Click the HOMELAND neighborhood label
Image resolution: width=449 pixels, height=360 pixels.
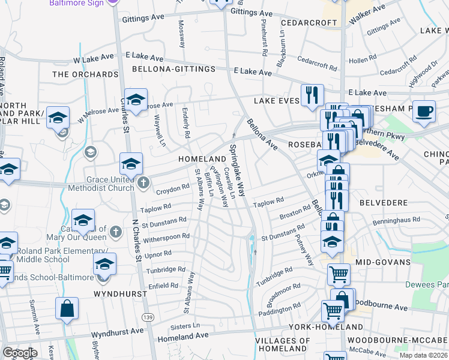(x=201, y=158)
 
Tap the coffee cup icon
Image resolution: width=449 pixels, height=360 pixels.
(x=424, y=112)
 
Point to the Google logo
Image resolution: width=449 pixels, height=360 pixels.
(x=19, y=353)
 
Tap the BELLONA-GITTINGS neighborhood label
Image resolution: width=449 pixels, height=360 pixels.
(x=174, y=69)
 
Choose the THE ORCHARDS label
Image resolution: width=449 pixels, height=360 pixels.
(x=85, y=74)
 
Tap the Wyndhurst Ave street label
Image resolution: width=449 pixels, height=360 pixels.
(x=117, y=331)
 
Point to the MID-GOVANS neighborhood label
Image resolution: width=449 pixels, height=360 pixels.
(x=379, y=262)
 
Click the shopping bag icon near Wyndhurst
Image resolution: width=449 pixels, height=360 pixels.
(x=67, y=309)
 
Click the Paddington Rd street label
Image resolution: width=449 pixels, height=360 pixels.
(x=279, y=311)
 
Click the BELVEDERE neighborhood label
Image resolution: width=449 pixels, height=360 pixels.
(x=384, y=203)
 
